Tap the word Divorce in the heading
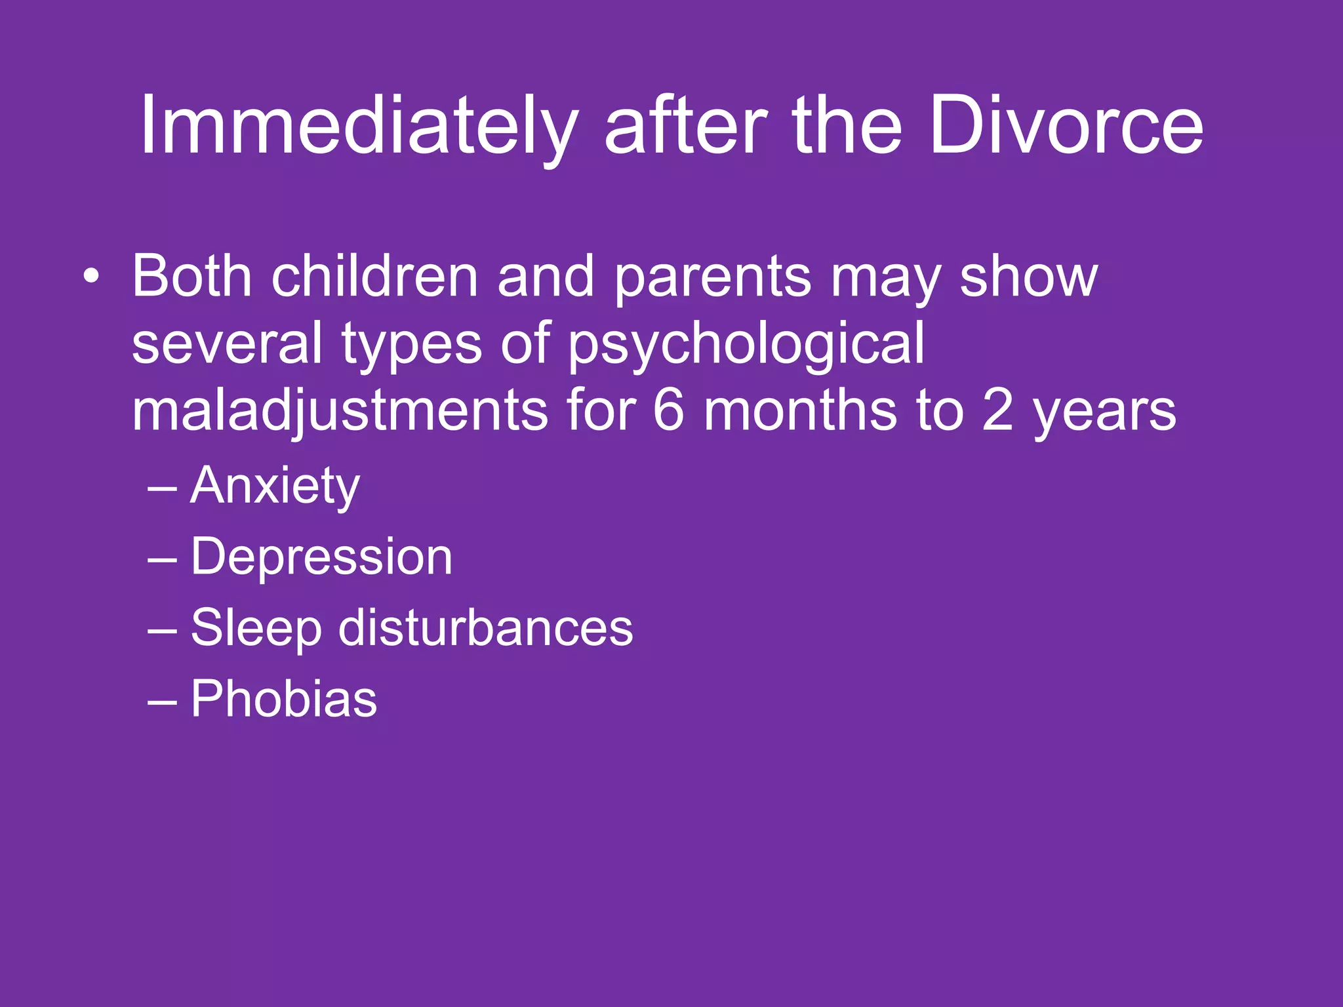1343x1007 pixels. (x=1066, y=126)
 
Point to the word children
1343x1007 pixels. (x=374, y=277)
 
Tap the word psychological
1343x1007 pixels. (x=746, y=345)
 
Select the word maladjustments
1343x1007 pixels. (x=340, y=412)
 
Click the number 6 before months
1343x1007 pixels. (x=668, y=412)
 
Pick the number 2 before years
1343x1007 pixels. (x=997, y=412)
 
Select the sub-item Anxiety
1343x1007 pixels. (x=275, y=486)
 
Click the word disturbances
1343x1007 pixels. (x=485, y=628)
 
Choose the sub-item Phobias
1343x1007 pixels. (x=283, y=699)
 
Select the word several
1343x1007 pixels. (x=227, y=345)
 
